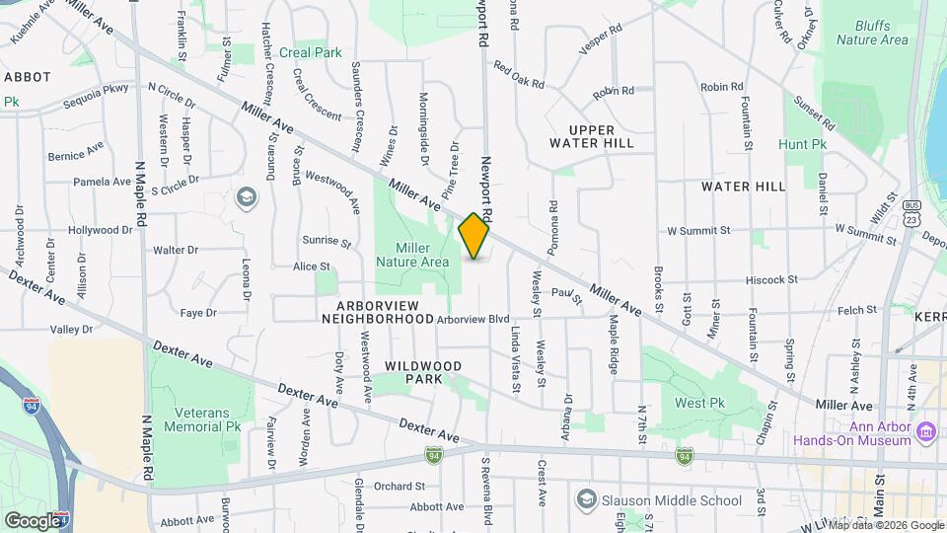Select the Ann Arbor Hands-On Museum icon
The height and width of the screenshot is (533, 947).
coord(925,432)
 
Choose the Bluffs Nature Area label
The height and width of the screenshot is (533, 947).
coord(872,33)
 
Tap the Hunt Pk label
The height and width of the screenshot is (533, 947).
coord(802,144)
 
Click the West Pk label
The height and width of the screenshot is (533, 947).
coord(699,403)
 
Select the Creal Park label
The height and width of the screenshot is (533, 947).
coord(310,52)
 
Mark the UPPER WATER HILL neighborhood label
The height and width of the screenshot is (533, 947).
coord(592,136)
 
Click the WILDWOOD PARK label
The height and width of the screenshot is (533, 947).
coord(423,372)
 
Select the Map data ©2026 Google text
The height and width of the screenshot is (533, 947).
coord(884,525)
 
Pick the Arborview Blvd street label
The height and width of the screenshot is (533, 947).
coord(473,319)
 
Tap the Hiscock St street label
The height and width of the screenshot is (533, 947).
coord(771,279)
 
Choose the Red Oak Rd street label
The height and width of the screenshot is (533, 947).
coord(519,77)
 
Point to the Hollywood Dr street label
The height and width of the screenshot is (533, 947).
coord(100,230)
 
